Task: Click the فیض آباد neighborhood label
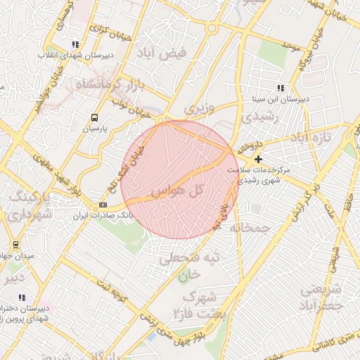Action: [161, 53]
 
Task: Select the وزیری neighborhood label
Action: [198, 109]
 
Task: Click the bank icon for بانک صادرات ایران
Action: [103, 204]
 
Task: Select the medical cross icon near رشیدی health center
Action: [258, 160]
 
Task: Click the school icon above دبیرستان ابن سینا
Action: [281, 88]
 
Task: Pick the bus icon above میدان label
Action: [15, 245]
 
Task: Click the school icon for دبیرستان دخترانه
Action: [22, 297]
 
